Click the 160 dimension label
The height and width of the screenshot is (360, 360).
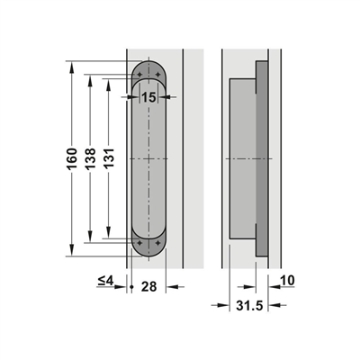pyautogui.click(x=73, y=159)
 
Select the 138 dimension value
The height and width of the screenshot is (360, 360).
pyautogui.click(x=91, y=159)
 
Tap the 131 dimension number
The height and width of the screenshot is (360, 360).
pyautogui.click(x=109, y=159)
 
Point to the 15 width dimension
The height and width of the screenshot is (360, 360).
pyautogui.click(x=148, y=96)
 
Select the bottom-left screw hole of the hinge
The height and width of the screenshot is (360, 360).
pyautogui.click(x=140, y=244)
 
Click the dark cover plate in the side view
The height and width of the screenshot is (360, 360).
pyautogui.click(x=262, y=159)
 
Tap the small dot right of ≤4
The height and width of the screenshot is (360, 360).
pyautogui.click(x=131, y=287)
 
